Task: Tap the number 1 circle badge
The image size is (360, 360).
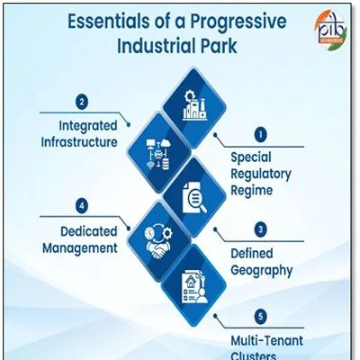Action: pyautogui.click(x=260, y=134)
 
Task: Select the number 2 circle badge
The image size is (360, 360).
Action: pyautogui.click(x=82, y=102)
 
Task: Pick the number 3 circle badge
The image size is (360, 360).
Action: pyautogui.click(x=260, y=229)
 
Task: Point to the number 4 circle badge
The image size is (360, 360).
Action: pyautogui.click(x=82, y=206)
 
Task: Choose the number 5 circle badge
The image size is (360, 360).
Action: pyautogui.click(x=260, y=317)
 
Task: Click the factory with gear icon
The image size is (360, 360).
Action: pyautogui.click(x=194, y=106)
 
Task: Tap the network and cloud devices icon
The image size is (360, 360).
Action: pyautogui.click(x=158, y=154)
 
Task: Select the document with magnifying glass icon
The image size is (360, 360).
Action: pyautogui.click(x=194, y=197)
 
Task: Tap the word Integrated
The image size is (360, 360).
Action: pyautogui.click(x=88, y=126)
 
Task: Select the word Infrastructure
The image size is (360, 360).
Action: pyautogui.click(x=79, y=142)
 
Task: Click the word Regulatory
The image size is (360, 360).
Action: pyautogui.click(x=261, y=175)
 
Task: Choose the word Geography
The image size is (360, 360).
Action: pyautogui.click(x=262, y=271)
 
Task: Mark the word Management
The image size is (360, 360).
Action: pyautogui.click(x=80, y=248)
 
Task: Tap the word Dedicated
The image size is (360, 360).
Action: pyautogui.click(x=89, y=231)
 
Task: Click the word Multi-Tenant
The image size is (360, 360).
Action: pyautogui.click(x=267, y=341)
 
